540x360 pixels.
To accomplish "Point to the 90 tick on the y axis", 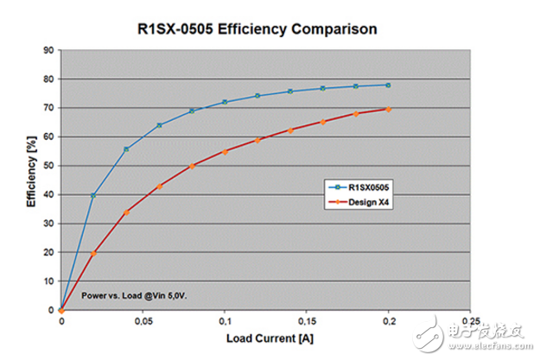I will [48, 50].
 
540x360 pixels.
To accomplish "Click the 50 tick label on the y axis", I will [48, 166].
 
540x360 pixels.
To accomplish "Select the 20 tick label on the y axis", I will [48, 252].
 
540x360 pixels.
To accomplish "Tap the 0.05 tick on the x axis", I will [143, 320].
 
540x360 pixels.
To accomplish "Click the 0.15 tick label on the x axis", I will [306, 320].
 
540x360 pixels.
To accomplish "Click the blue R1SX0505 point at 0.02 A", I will [93, 195].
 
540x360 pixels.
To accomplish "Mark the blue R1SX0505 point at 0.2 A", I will [388, 85].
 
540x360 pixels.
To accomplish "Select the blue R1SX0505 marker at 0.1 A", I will [225, 102].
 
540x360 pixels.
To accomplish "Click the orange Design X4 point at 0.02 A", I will [93, 253].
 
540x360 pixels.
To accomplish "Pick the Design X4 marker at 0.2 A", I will [388, 109].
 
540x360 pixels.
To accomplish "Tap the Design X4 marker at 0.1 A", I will [225, 151].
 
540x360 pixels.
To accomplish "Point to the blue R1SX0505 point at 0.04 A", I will [126, 149].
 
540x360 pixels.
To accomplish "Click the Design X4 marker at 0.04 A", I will [126, 212].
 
